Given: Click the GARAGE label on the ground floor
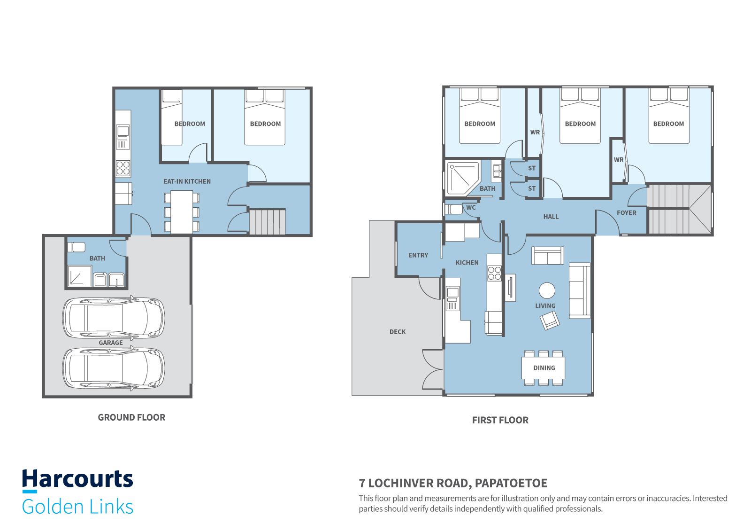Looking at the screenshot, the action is [x=111, y=343].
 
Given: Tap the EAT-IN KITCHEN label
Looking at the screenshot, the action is [x=187, y=181].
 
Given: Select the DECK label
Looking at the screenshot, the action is [x=398, y=332].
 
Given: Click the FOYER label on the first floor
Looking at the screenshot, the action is [x=626, y=213].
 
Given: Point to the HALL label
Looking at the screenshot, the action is [x=551, y=217].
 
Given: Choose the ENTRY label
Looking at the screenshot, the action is [x=418, y=256].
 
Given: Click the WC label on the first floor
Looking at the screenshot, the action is [x=471, y=208].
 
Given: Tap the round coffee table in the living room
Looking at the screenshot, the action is [x=547, y=290].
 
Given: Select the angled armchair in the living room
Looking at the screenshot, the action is [x=550, y=321].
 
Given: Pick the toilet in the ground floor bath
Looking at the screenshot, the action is [x=77, y=247].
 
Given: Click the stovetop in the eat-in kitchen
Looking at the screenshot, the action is [x=123, y=168].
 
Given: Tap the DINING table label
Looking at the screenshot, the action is [x=544, y=368].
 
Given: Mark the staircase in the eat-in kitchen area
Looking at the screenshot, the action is [x=267, y=222].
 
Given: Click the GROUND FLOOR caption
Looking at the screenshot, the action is [x=131, y=417].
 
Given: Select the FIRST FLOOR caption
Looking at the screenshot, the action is [x=500, y=420].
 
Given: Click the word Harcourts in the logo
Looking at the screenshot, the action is [x=78, y=478].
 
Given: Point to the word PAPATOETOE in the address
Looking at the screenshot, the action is [x=511, y=483].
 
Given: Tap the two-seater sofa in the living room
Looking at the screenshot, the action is [x=547, y=256].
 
